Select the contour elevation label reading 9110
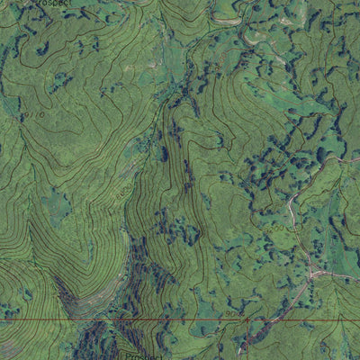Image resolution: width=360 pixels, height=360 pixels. point(33,115)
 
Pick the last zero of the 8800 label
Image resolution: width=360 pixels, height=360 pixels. point(124,185)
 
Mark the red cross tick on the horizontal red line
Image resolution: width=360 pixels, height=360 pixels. point(247,319)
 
